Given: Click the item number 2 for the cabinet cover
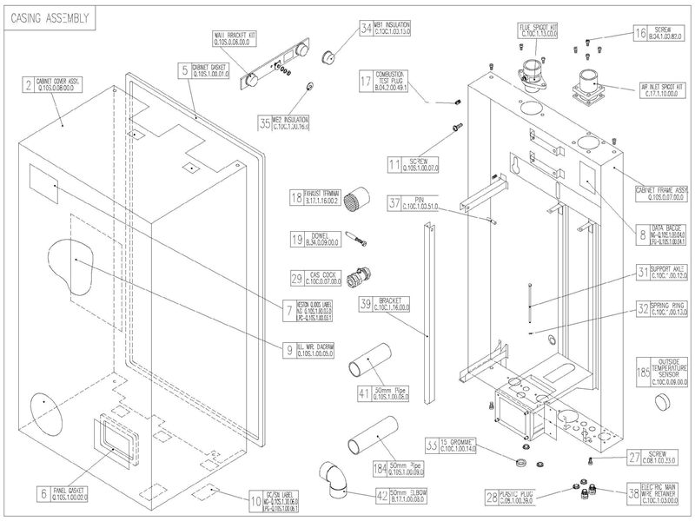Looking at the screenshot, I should tap(29, 85).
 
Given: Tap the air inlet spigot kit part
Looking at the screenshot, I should tap(592, 88).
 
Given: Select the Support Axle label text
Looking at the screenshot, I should tap(670, 272).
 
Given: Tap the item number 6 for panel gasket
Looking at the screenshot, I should tap(43, 494).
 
